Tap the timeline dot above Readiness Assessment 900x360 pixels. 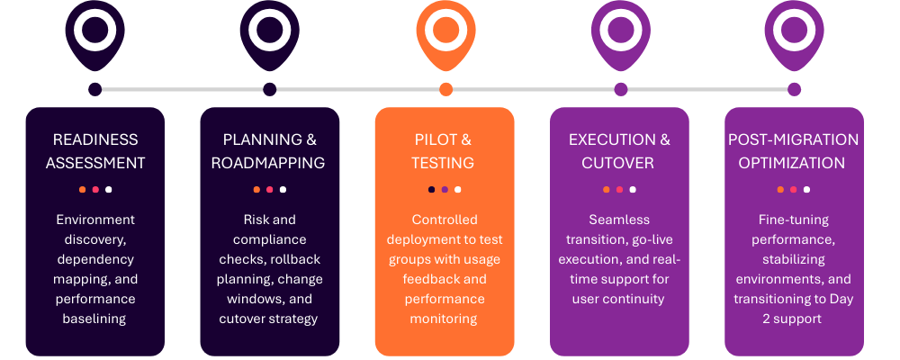click(x=95, y=89)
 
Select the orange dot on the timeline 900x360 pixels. click(x=445, y=89)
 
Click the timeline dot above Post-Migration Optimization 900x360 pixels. click(x=794, y=89)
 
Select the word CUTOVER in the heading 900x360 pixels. click(x=618, y=163)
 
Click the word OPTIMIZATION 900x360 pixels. click(x=794, y=163)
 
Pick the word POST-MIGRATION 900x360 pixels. click(x=794, y=139)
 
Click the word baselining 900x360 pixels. click(x=95, y=319)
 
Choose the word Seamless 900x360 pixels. click(x=619, y=220)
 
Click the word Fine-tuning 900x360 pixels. click(x=794, y=220)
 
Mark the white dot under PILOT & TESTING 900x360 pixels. click(x=458, y=190)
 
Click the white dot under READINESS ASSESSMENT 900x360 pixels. click(x=109, y=190)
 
